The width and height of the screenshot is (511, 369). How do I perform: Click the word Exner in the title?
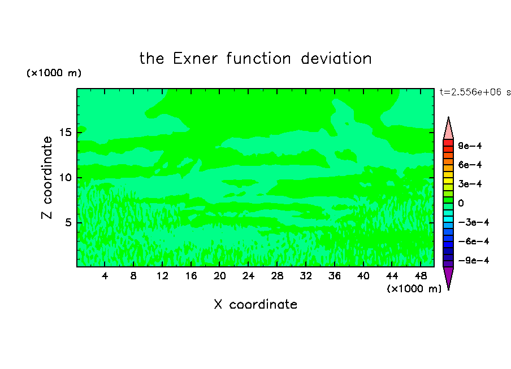[x=195, y=59]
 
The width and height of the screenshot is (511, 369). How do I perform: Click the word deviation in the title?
[x=336, y=59]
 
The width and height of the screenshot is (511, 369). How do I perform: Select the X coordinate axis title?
[x=255, y=304]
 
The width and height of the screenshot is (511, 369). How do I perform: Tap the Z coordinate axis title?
[x=47, y=177]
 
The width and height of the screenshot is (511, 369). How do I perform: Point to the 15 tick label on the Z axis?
[x=65, y=133]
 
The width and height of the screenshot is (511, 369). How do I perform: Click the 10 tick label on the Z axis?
[x=65, y=178]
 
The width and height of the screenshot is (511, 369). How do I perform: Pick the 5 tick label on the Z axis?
[x=68, y=222]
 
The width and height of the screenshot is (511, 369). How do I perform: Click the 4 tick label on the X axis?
[x=105, y=276]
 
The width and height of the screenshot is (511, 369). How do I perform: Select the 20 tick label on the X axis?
[x=220, y=276]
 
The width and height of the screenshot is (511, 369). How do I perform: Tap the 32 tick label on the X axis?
[x=306, y=276]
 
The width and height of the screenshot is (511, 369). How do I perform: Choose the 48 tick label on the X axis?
[x=421, y=276]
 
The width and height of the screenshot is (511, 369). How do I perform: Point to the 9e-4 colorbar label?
[x=470, y=146]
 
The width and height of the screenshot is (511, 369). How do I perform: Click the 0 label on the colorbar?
[x=461, y=203]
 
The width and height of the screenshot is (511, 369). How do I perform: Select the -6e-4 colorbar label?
[x=474, y=241]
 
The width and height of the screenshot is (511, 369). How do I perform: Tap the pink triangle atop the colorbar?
[x=448, y=130]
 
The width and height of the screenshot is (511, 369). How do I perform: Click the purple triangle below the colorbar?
[x=448, y=276]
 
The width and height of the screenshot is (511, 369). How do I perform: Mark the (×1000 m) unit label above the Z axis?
[x=54, y=73]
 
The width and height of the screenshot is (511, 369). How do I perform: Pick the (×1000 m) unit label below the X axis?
[x=414, y=289]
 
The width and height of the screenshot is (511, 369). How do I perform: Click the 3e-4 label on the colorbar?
[x=470, y=184]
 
